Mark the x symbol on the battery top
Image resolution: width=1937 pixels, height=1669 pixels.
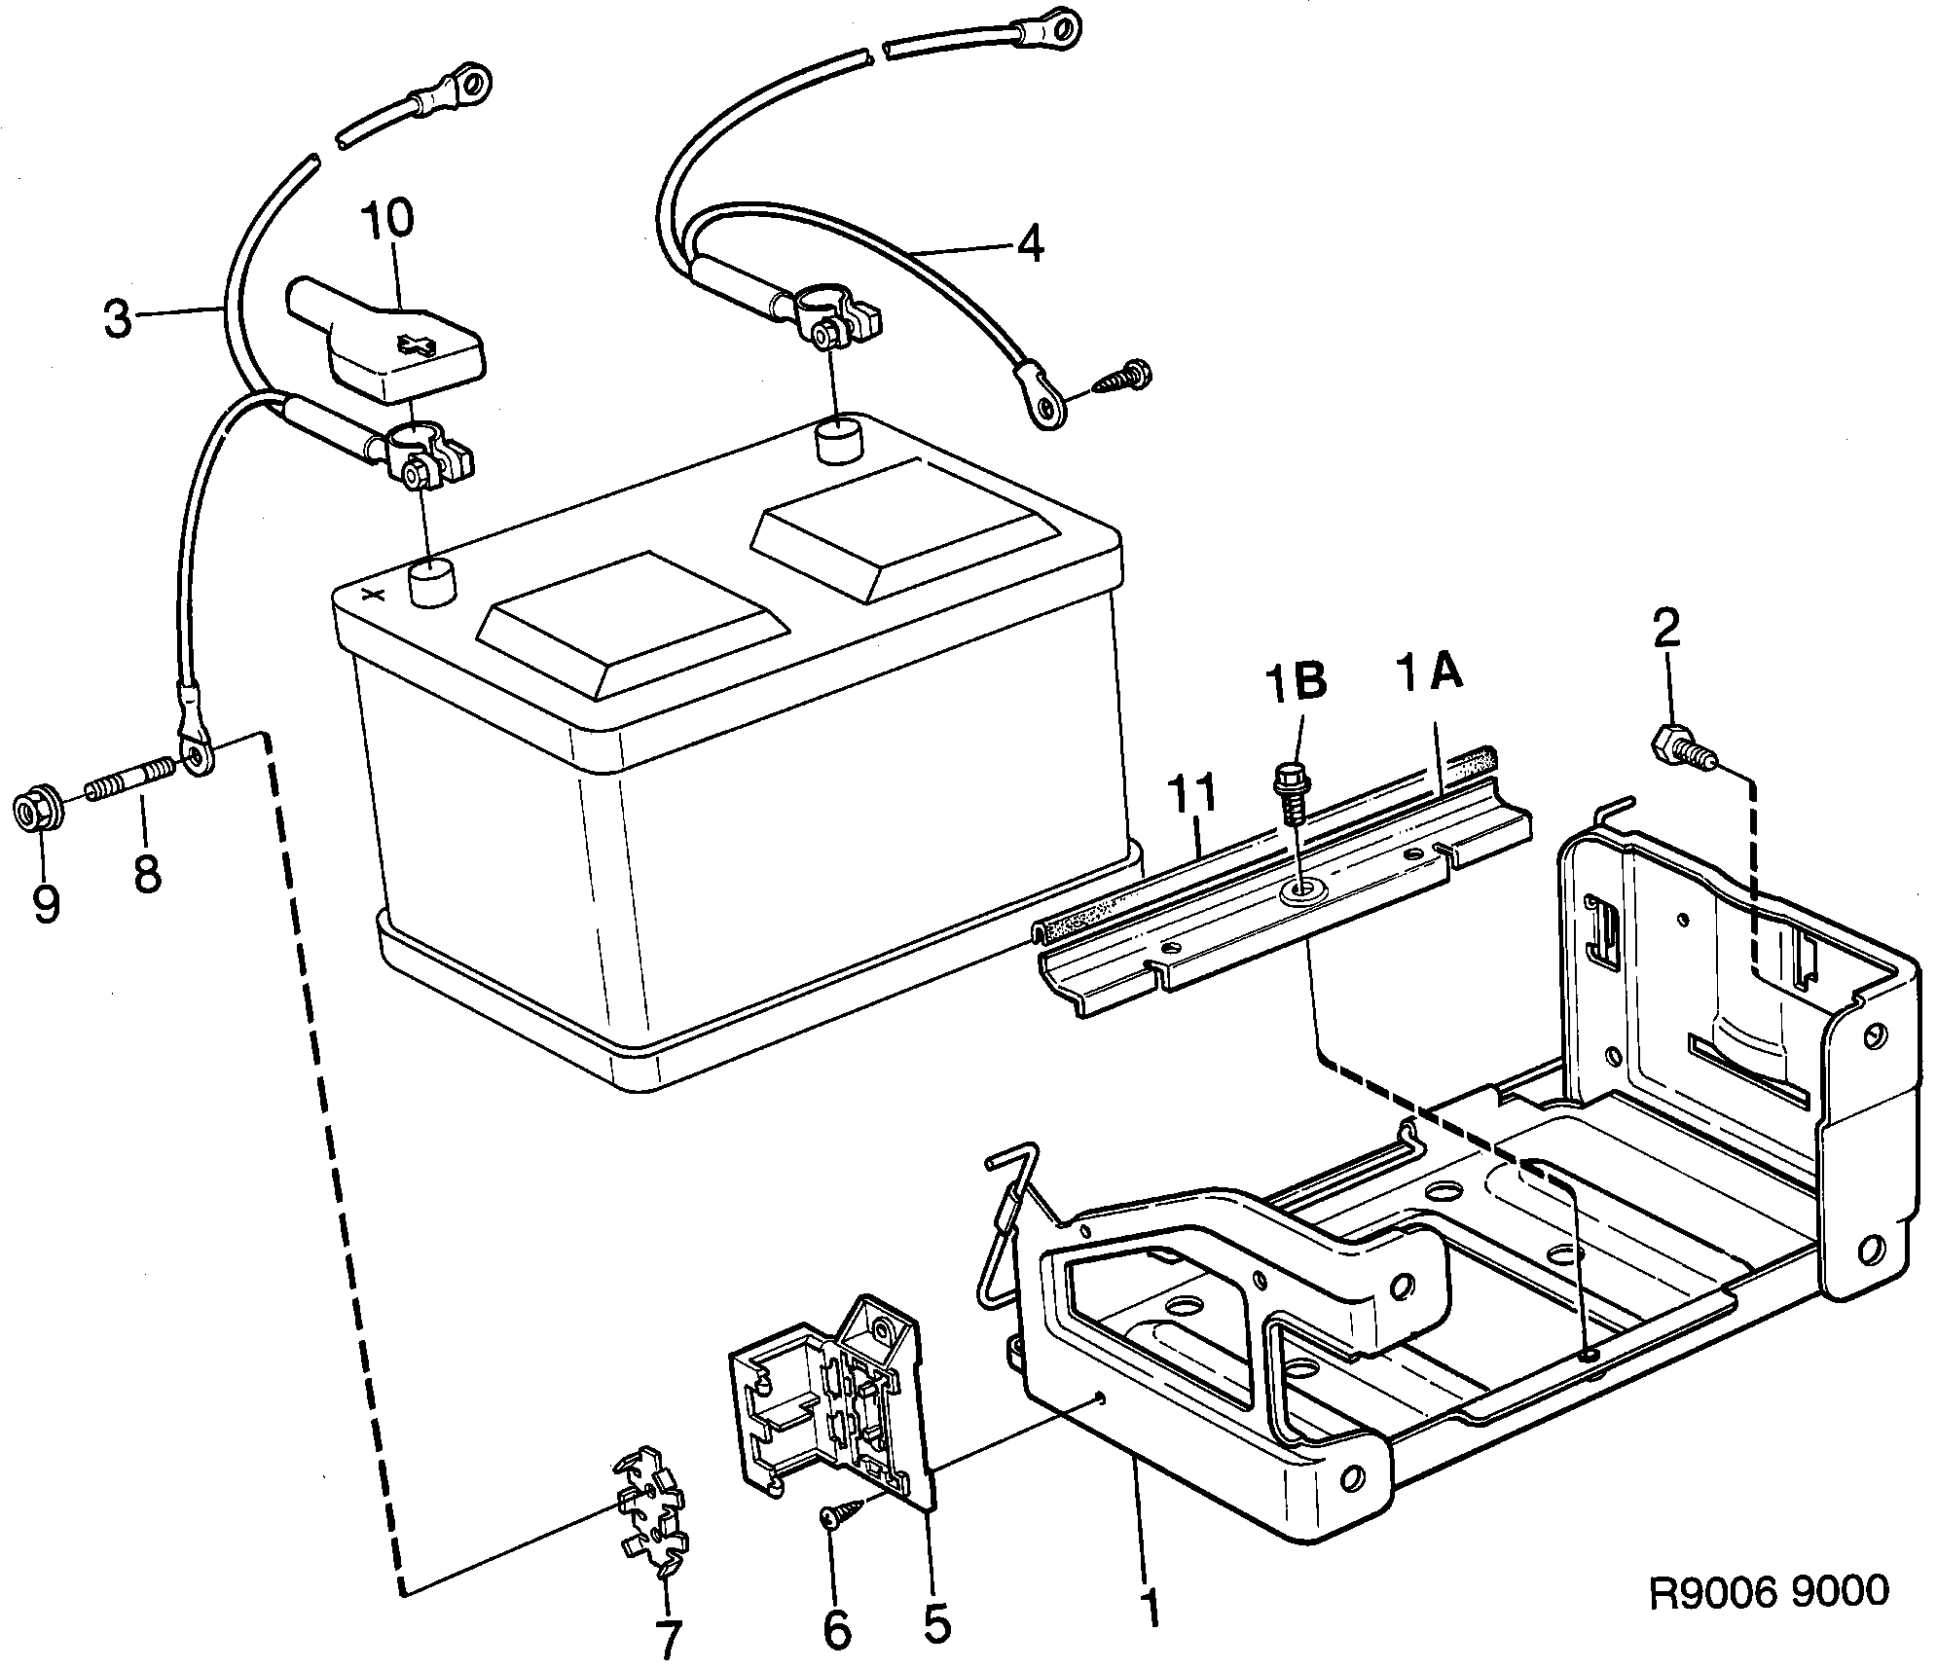(x=371, y=595)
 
